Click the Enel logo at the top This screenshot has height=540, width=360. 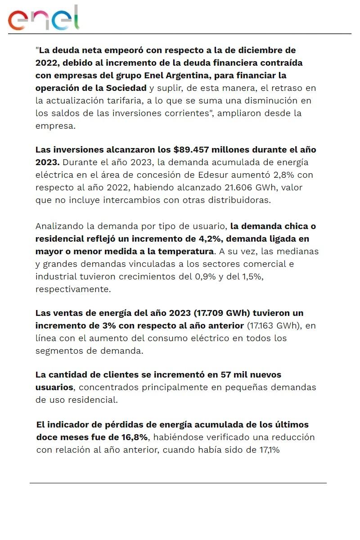click(43, 18)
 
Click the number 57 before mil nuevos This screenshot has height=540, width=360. click(227, 374)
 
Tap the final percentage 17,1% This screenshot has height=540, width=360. click(268, 450)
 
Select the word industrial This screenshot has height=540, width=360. click(55, 276)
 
